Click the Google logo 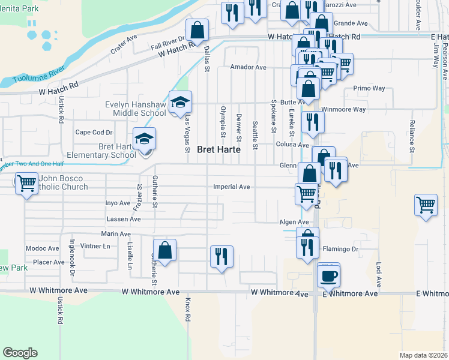pyautogui.click(x=20, y=353)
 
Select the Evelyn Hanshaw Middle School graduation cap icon pyautogui.click(x=179, y=102)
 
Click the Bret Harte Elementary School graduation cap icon pyautogui.click(x=144, y=139)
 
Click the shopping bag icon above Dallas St pyautogui.click(x=196, y=29)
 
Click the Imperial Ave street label pyautogui.click(x=231, y=187)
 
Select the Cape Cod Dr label pyautogui.click(x=94, y=133)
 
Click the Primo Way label pyautogui.click(x=369, y=88)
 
